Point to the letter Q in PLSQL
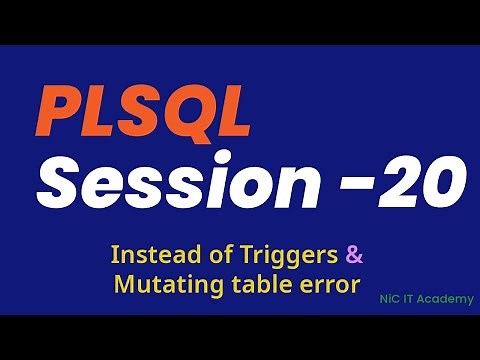pyautogui.click(x=175, y=115)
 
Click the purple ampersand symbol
pyautogui.click(x=353, y=252)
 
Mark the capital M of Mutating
pyautogui.click(x=123, y=284)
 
